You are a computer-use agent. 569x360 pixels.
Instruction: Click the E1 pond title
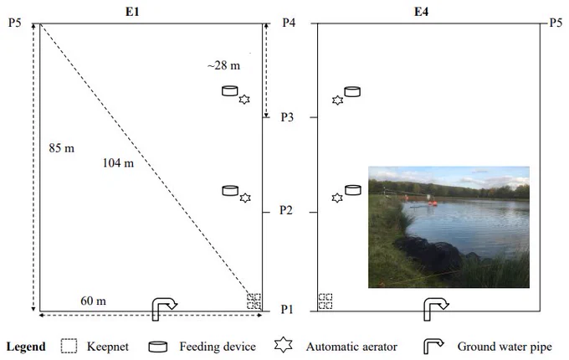click(x=132, y=12)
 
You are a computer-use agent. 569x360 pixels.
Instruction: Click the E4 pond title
click(x=421, y=12)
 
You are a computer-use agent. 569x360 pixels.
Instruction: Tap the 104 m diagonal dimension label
click(x=118, y=163)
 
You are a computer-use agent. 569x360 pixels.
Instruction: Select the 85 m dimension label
click(x=61, y=148)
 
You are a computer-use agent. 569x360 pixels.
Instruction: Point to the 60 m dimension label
click(x=93, y=301)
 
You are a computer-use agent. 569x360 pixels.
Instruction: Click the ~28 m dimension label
click(x=223, y=65)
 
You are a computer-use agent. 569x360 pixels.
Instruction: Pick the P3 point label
click(x=287, y=117)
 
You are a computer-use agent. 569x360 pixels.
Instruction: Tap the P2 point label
click(x=286, y=210)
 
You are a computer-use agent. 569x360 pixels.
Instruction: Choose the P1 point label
click(x=287, y=309)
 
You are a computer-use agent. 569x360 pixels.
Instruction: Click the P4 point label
click(x=289, y=23)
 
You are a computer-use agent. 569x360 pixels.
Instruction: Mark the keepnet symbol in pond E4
click(x=326, y=301)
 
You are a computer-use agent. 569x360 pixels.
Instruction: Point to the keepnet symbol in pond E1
click(x=254, y=301)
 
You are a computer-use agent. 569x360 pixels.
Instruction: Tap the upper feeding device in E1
click(x=230, y=90)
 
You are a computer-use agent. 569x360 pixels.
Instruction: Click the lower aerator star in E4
click(x=337, y=198)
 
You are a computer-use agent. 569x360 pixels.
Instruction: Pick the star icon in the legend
click(x=284, y=345)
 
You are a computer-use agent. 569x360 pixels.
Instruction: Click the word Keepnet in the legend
click(x=108, y=347)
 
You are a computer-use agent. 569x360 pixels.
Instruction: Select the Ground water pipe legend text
click(x=505, y=347)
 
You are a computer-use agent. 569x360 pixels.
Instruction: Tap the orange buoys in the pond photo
click(x=432, y=203)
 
